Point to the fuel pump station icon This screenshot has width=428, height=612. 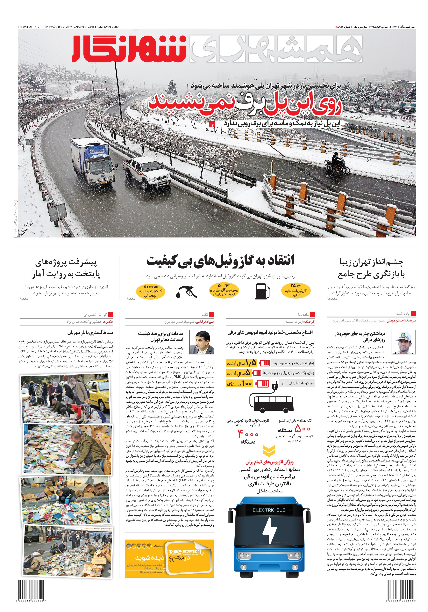[262, 291]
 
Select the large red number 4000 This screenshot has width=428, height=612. [248, 434]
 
